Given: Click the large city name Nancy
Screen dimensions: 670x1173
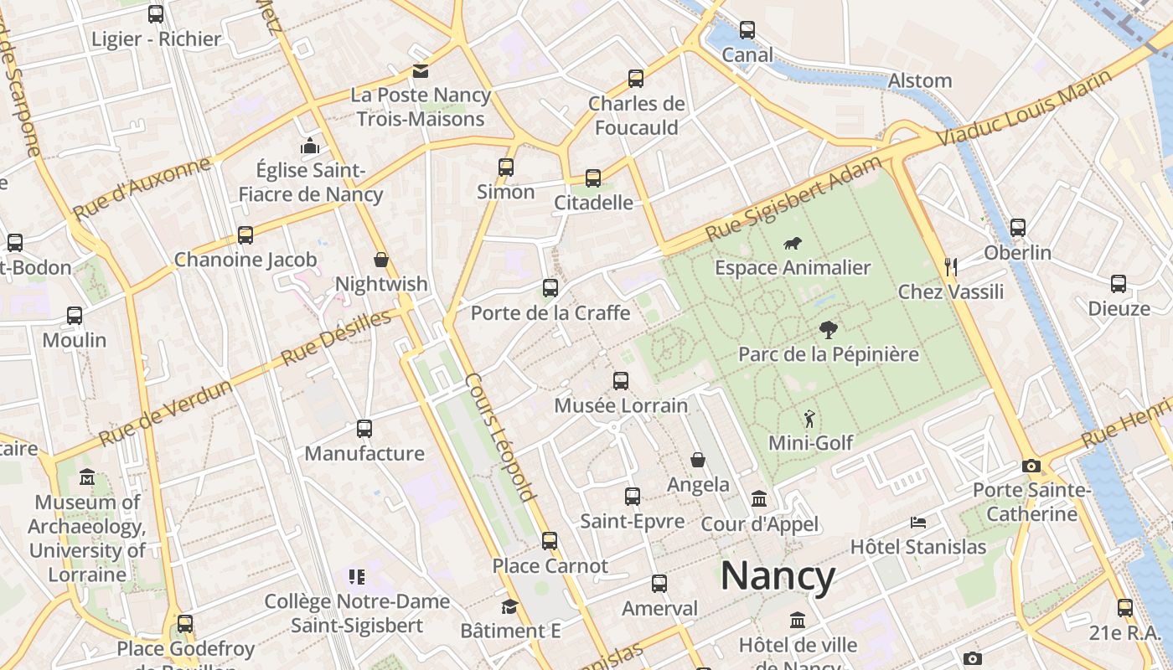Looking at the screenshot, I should pyautogui.click(x=778, y=577).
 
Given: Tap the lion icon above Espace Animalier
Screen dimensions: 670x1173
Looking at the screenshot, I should pyautogui.click(x=792, y=244).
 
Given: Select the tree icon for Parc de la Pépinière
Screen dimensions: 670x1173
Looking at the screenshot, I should pyautogui.click(x=829, y=329).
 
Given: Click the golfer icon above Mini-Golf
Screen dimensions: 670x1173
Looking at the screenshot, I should pyautogui.click(x=809, y=418).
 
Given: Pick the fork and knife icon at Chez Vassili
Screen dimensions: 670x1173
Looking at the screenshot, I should pyautogui.click(x=951, y=267).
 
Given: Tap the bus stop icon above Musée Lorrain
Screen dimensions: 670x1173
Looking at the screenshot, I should pyautogui.click(x=621, y=381).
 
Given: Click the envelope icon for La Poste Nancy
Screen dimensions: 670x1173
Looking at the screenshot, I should pyautogui.click(x=419, y=71).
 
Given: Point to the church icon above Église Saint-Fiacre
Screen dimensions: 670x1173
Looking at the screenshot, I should pyautogui.click(x=310, y=147).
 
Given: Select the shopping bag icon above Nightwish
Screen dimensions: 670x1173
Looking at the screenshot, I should pyautogui.click(x=381, y=260).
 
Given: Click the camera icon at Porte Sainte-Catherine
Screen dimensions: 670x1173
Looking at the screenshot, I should pyautogui.click(x=1031, y=466).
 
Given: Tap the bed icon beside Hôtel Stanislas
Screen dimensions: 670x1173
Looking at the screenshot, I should pyautogui.click(x=918, y=523).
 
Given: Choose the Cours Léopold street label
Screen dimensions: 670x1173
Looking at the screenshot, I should pyautogui.click(x=501, y=437).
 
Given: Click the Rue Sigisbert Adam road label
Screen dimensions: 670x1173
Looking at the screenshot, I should pyautogui.click(x=793, y=198).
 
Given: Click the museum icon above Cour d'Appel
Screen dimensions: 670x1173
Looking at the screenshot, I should pyautogui.click(x=759, y=499).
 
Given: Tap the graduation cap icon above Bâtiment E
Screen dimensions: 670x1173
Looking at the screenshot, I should pyautogui.click(x=509, y=606).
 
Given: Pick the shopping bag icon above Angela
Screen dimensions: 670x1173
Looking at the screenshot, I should pyautogui.click(x=698, y=460).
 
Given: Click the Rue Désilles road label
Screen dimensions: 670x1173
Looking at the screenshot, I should pyautogui.click(x=336, y=338).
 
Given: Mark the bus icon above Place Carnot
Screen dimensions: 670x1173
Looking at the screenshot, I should pyautogui.click(x=550, y=541).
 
